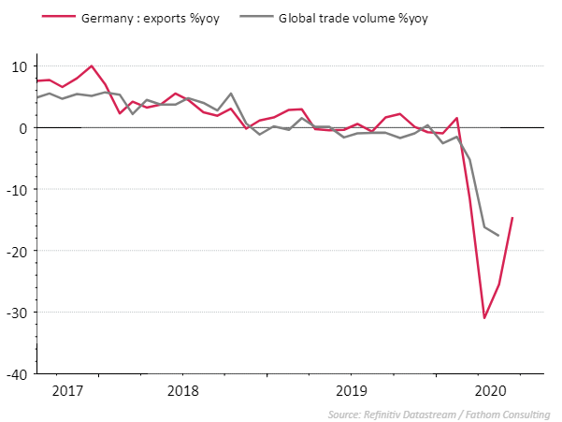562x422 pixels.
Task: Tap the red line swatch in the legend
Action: click(33, 18)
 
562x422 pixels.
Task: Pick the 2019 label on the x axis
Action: click(352, 390)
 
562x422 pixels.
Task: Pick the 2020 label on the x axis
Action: click(490, 390)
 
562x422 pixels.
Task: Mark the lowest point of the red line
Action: click(484, 318)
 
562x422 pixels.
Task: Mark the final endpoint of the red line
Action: click(512, 218)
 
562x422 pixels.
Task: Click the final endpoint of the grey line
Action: click(498, 235)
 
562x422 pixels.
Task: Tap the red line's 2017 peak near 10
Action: click(91, 66)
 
